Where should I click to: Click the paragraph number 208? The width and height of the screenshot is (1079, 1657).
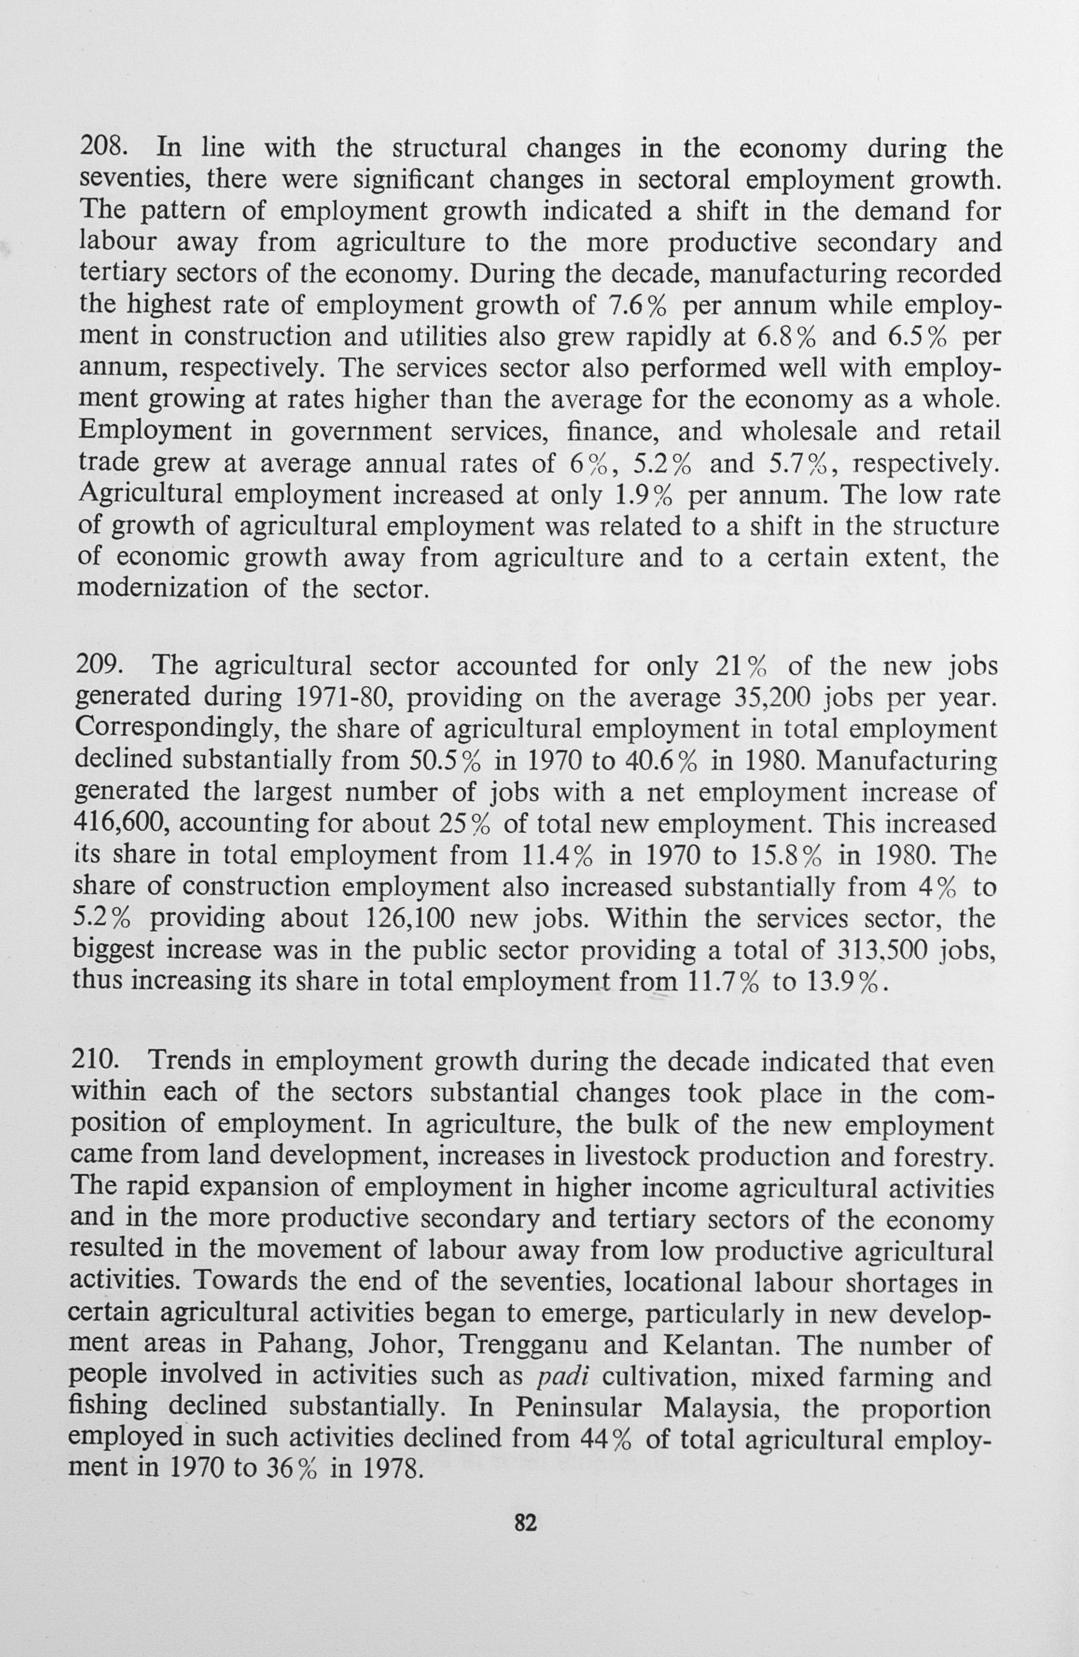click(103, 149)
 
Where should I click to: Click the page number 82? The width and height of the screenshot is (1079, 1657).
click(526, 1523)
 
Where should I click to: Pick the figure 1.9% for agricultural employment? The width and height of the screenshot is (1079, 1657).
click(644, 495)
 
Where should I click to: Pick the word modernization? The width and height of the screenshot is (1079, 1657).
click(162, 589)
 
